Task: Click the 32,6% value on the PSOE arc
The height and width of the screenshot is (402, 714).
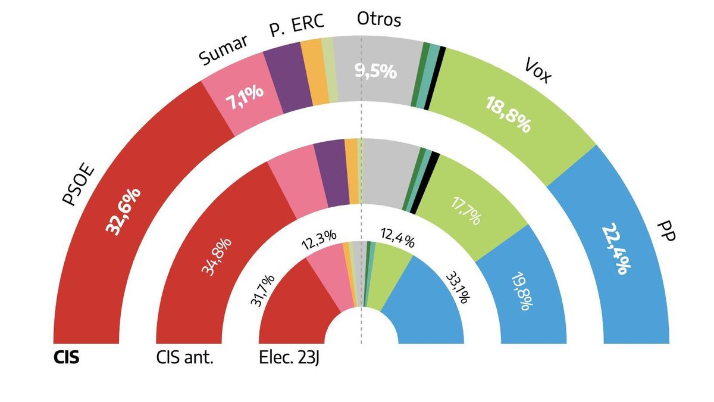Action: click(x=124, y=211)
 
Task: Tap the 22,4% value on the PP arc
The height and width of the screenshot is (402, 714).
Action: click(x=616, y=248)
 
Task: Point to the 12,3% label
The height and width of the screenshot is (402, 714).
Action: click(x=314, y=242)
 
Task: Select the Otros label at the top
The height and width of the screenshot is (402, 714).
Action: click(x=379, y=20)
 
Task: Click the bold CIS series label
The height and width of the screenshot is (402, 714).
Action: click(x=66, y=359)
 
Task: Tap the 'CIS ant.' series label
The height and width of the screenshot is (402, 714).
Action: click(x=184, y=359)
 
